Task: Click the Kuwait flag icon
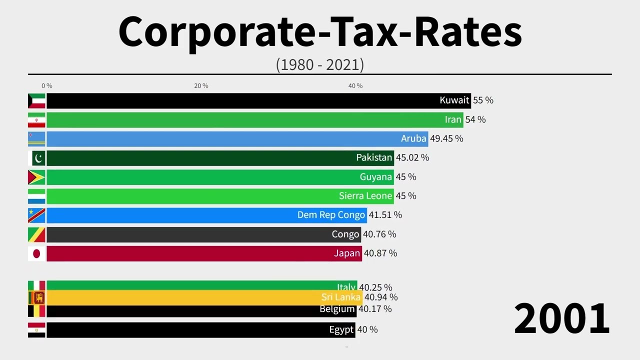[x=36, y=100]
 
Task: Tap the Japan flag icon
[x=36, y=253]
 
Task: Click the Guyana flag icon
[x=36, y=177]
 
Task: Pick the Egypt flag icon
[x=36, y=330]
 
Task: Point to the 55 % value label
[x=483, y=100]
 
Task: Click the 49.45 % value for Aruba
[x=446, y=138]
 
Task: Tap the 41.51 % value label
[x=385, y=215]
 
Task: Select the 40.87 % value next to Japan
[x=380, y=253]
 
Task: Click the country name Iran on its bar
[x=453, y=119]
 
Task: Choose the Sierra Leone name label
[x=365, y=196]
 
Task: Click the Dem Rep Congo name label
[x=331, y=215]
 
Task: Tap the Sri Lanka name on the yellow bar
[x=341, y=297]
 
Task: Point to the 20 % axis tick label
[x=201, y=86]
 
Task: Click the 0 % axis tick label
[x=46, y=86]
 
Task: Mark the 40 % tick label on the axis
[x=355, y=86]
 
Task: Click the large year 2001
[x=561, y=319]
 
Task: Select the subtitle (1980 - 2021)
[x=320, y=64]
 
